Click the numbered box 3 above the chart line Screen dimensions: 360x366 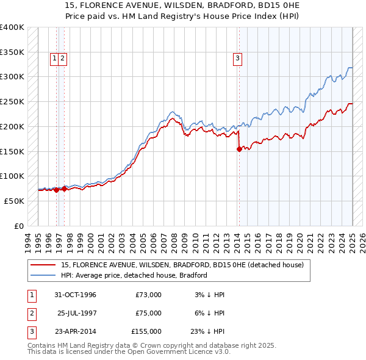(x=237, y=59)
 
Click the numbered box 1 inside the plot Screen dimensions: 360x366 (x=55, y=59)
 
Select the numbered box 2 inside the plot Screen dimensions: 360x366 (x=63, y=59)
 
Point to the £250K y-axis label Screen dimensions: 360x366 (x=12, y=101)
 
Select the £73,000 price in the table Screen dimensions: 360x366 (x=148, y=295)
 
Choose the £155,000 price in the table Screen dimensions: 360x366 (x=146, y=331)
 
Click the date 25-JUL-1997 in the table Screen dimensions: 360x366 (x=77, y=313)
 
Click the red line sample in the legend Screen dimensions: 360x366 (x=44, y=264)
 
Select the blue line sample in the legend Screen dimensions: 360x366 (x=44, y=275)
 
